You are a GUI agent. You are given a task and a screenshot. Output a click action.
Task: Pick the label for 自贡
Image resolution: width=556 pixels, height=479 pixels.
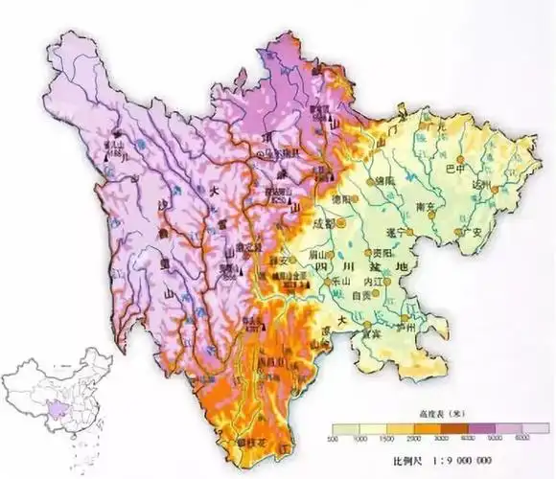tap(363, 297)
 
